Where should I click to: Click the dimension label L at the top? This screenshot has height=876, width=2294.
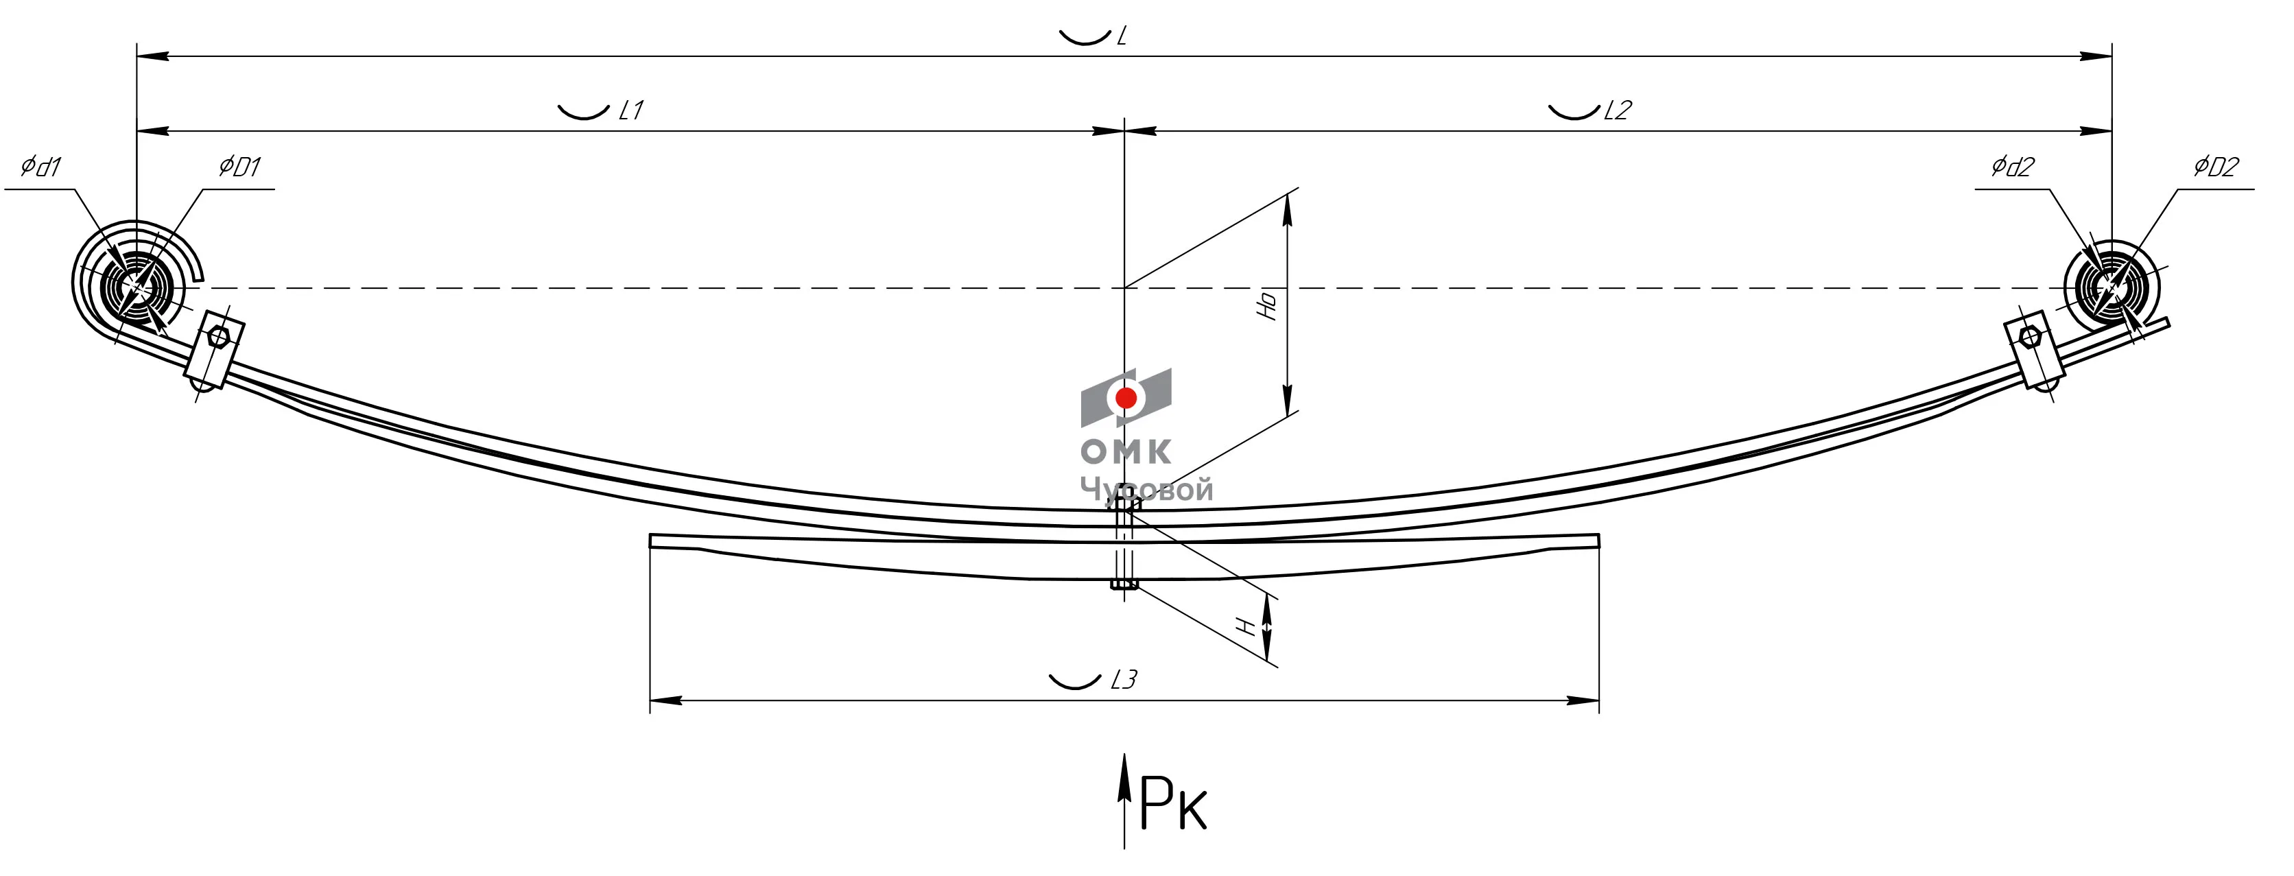(1122, 36)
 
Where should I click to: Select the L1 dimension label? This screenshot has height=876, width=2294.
(630, 110)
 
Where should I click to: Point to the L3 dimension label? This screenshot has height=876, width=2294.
(1124, 680)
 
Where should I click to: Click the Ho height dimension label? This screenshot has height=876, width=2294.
(1267, 305)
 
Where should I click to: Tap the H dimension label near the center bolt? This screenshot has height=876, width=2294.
(1249, 628)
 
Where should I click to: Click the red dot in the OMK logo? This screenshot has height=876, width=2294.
(1126, 398)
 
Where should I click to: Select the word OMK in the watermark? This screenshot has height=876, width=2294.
(1126, 451)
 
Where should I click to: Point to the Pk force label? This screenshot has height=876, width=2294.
(1173, 804)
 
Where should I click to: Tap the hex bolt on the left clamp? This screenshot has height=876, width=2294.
(218, 337)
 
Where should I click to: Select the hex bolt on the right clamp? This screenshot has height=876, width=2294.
(2029, 337)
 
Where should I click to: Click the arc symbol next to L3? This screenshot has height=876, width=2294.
(1075, 682)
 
